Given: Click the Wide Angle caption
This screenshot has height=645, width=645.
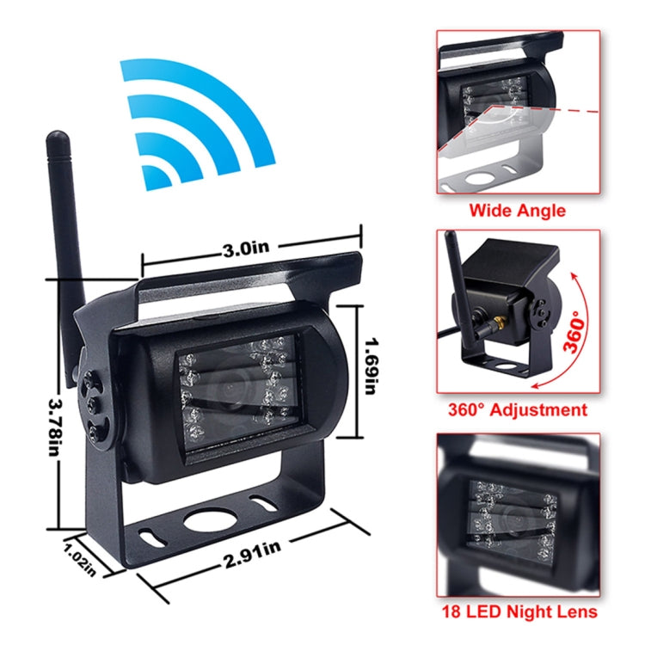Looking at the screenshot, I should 518,210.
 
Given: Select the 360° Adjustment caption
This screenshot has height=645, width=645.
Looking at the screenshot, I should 518,409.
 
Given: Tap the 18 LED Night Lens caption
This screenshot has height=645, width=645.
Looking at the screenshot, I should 518,612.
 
